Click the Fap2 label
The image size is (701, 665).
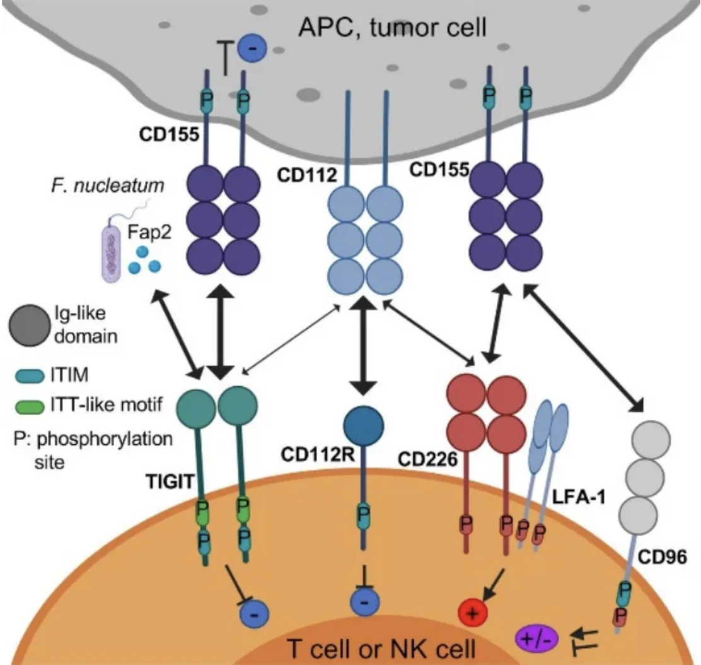tap(146, 232)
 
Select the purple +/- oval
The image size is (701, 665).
tap(535, 637)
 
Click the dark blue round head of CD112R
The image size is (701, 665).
tap(365, 425)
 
